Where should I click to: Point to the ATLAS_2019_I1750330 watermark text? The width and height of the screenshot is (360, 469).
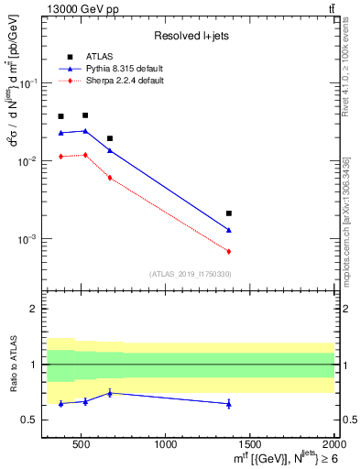coord(191,274)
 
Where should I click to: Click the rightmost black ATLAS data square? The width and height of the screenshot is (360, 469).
coord(229,213)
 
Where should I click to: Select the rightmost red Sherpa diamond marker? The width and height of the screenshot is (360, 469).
coord(229,251)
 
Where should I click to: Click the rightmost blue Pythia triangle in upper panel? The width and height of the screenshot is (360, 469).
coord(229,230)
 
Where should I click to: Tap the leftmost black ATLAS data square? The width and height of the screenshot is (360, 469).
coord(60,116)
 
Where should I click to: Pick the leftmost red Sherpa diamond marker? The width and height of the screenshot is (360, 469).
coord(60,157)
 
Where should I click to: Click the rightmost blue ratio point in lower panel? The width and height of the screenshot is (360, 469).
coord(229,404)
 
